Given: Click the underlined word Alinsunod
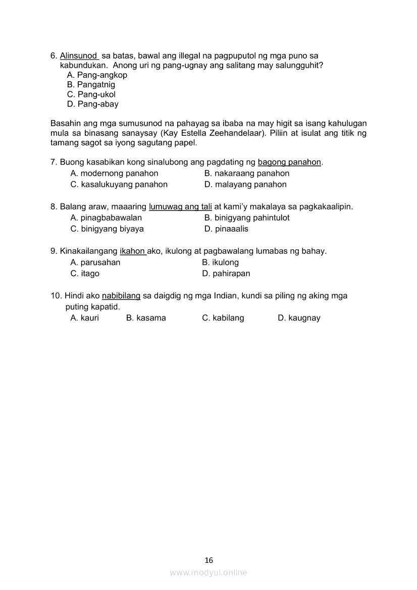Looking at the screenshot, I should [x=79, y=56].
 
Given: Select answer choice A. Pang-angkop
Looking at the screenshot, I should [x=97, y=75].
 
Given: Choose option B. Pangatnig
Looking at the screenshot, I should [x=91, y=85].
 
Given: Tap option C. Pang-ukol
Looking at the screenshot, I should [x=91, y=94].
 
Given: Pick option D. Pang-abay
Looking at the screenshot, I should [x=93, y=104].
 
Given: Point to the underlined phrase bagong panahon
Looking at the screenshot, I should [x=289, y=163].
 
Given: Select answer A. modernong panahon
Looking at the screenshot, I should [x=114, y=174].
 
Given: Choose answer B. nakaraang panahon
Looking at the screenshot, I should [x=247, y=174].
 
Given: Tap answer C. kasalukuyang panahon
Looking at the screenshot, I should [x=119, y=185].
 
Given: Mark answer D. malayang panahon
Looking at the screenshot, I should [x=245, y=185].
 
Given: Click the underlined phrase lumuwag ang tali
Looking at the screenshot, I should [x=180, y=207].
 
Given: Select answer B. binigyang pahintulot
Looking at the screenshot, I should [x=247, y=218].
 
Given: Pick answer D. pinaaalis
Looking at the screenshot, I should [x=226, y=229].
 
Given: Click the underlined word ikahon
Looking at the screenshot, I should [x=133, y=251].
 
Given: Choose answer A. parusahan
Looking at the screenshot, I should [x=95, y=262].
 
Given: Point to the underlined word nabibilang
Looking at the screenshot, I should [x=121, y=296].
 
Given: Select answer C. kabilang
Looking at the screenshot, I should [x=223, y=318].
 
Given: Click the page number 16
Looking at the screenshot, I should [x=209, y=560].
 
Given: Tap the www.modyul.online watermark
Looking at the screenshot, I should [x=209, y=572].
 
